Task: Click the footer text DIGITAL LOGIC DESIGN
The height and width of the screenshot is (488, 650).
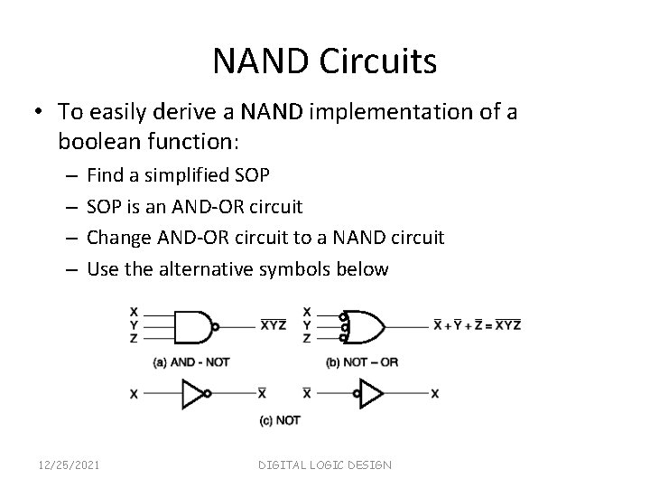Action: pos(325,465)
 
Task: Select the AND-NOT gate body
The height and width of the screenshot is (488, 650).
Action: pos(190,325)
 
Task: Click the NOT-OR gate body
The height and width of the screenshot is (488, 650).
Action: pos(361,325)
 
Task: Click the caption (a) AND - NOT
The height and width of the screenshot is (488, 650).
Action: pos(191,362)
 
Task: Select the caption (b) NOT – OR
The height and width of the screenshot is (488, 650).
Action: pos(361,362)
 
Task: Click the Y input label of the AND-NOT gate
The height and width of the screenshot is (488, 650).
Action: pos(134,325)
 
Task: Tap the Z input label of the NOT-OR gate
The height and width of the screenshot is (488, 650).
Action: pos(307,338)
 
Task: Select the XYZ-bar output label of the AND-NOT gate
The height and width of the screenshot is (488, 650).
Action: pos(274,325)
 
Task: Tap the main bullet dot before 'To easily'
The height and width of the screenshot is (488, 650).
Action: pos(42,112)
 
